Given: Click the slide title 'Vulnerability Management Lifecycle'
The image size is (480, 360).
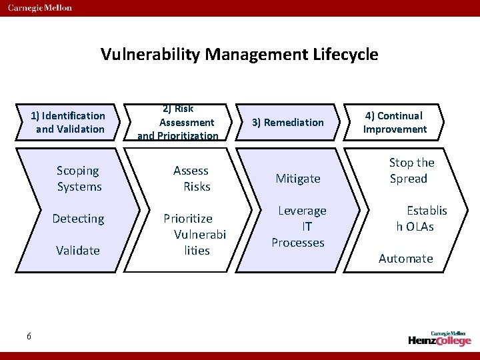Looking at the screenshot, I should [x=239, y=54].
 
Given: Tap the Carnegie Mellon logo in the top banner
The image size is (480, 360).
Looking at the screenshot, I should [x=41, y=8].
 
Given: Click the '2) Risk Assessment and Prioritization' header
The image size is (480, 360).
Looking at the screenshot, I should [x=178, y=122].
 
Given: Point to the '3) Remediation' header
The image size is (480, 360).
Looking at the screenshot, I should [x=287, y=122].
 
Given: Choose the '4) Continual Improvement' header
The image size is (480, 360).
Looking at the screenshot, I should [x=395, y=122].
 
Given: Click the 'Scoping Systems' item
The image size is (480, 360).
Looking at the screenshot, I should [x=79, y=179].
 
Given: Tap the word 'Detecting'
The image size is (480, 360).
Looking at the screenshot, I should [x=79, y=219].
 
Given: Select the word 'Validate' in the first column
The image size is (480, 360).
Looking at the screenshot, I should [x=78, y=251].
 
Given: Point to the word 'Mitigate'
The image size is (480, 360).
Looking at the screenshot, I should [x=299, y=179].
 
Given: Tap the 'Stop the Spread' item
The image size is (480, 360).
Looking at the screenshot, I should [x=411, y=171].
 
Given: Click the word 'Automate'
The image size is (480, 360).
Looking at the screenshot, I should [x=405, y=259].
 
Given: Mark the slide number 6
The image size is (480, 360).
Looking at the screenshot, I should [x=29, y=336].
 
